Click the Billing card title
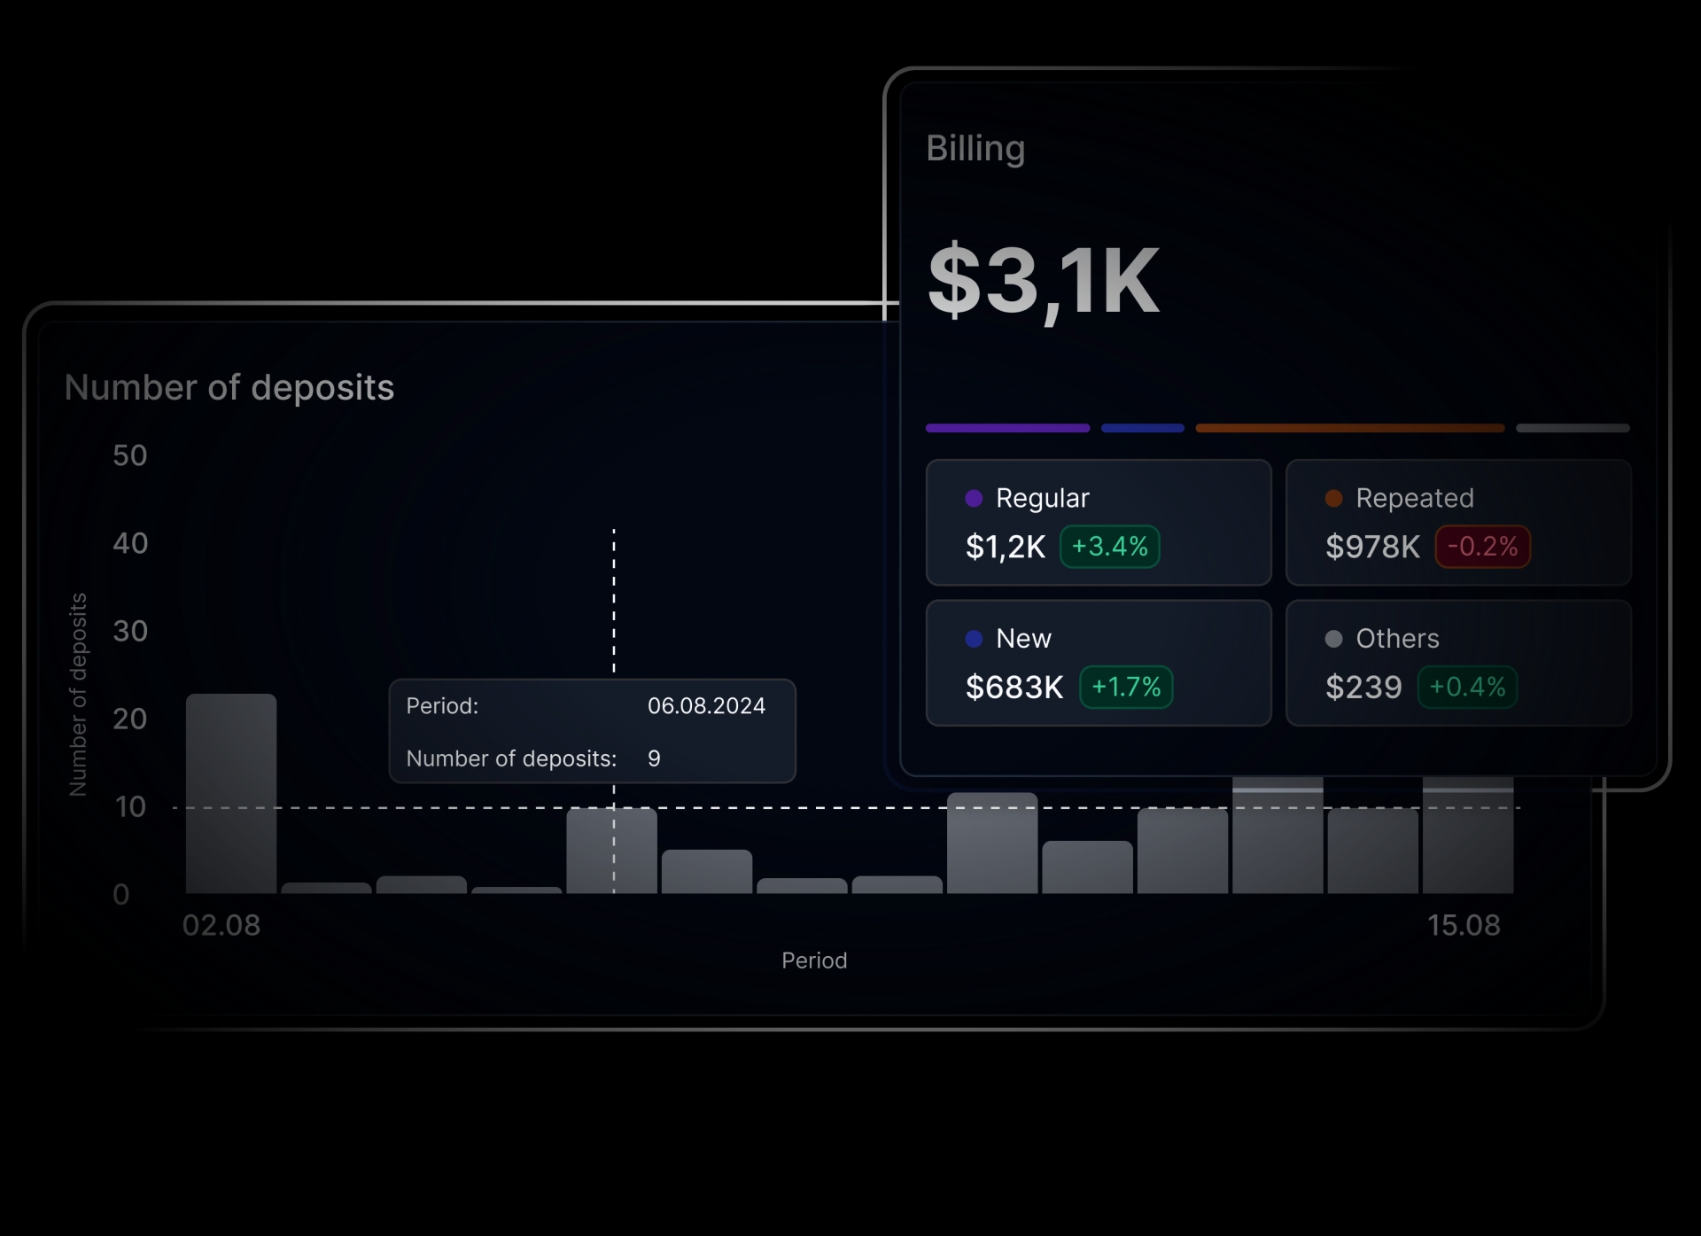point(975,148)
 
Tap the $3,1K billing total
point(1043,281)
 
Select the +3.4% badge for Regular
point(1109,546)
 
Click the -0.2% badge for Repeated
point(1482,546)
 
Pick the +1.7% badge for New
point(1125,687)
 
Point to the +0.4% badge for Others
point(1467,687)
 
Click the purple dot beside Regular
point(974,498)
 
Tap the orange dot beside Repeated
point(1333,498)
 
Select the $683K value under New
point(1014,687)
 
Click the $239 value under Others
point(1363,687)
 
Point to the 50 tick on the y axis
point(130,455)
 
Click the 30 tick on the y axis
point(130,631)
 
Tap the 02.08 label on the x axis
point(221,925)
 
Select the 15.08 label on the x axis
point(1464,925)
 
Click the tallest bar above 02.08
point(231,793)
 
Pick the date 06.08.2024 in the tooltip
point(706,706)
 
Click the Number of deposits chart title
point(229,388)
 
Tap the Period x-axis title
point(814,960)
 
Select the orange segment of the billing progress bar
point(1349,428)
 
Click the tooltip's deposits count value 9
point(654,758)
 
